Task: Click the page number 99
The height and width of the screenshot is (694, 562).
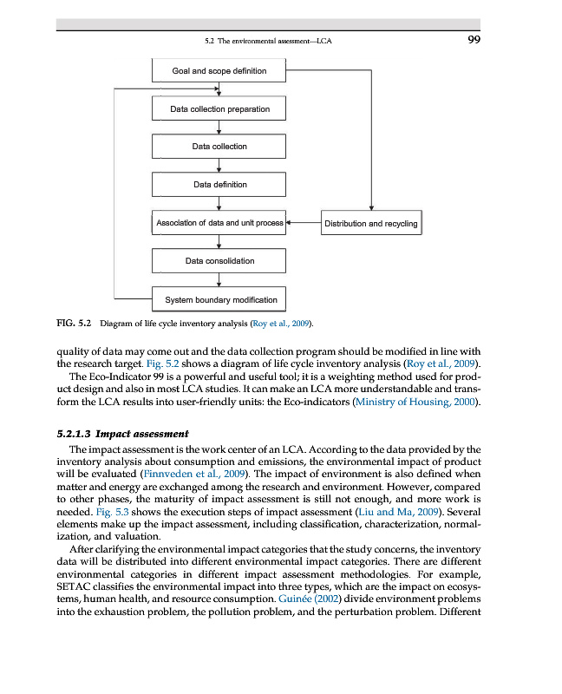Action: (474, 39)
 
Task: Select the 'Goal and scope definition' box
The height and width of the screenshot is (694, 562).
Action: (219, 70)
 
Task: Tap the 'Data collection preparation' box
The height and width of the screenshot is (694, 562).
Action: (219, 109)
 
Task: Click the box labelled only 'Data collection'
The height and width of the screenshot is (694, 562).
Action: (219, 147)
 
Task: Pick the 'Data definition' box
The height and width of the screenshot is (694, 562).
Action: (219, 185)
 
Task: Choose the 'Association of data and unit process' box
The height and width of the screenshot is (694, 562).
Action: (219, 224)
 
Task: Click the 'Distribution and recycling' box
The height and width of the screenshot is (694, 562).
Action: (370, 224)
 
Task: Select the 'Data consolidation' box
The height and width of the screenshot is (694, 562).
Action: (219, 261)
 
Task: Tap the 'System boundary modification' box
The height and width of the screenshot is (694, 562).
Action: (219, 300)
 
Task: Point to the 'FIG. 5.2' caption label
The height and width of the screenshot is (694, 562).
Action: (74, 324)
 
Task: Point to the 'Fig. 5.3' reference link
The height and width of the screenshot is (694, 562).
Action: (114, 513)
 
